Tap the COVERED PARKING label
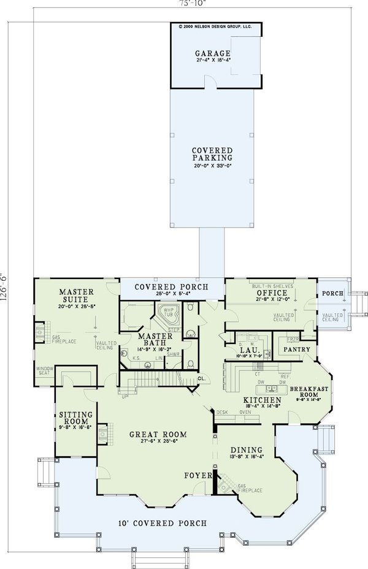[x=211, y=155]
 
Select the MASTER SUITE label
[x=75, y=294]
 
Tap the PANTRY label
[x=296, y=350]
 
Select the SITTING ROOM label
[x=75, y=418]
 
